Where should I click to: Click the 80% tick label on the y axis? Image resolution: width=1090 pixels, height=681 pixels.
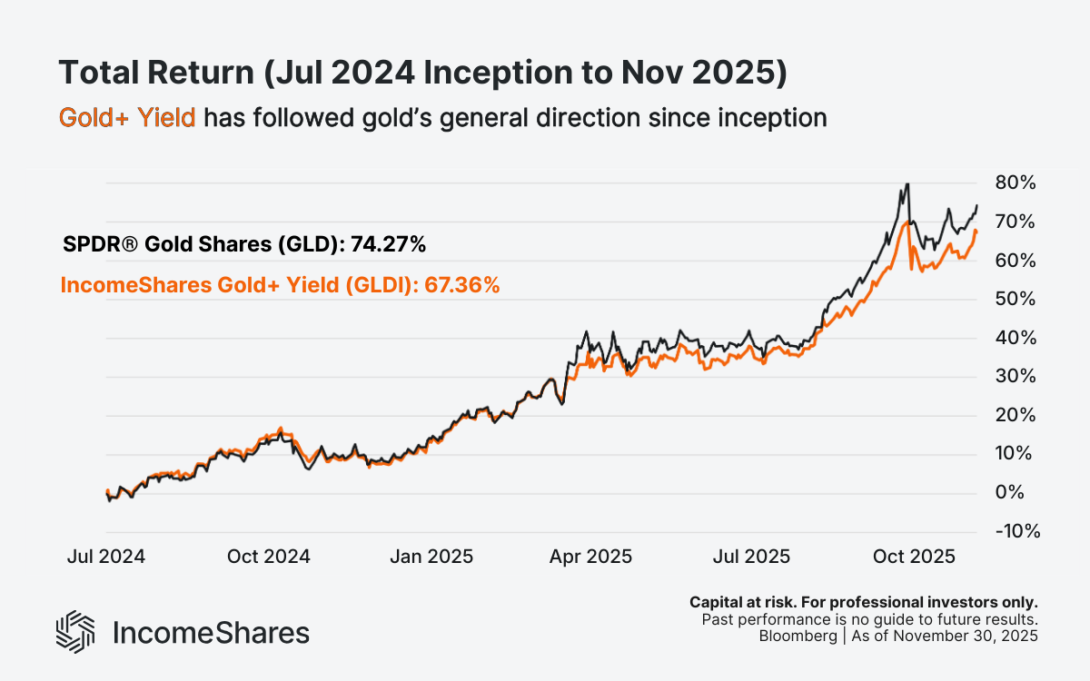(x=1015, y=183)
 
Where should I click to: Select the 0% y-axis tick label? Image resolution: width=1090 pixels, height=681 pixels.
(x=1019, y=493)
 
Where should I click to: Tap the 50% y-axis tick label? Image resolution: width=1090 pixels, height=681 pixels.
(x=1015, y=300)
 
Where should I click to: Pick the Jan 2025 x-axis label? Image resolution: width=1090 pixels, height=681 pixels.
(x=431, y=556)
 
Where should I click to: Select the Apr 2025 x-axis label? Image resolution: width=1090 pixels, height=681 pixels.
(x=590, y=556)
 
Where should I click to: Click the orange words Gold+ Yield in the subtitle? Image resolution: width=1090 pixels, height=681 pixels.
(x=127, y=118)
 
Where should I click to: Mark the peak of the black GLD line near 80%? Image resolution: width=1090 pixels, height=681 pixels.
(x=907, y=184)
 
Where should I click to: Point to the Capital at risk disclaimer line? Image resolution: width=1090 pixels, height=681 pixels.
(x=864, y=602)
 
